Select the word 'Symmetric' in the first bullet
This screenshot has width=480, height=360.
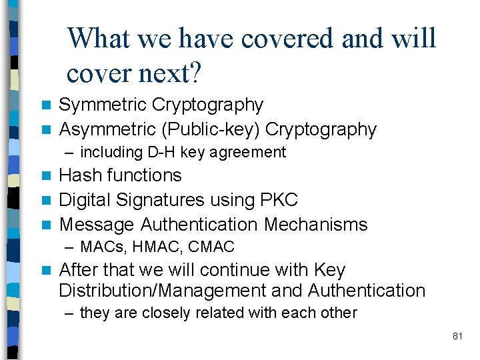[x=103, y=105]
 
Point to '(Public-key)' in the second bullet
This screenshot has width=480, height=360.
[x=206, y=129]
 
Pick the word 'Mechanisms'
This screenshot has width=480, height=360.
[x=316, y=225]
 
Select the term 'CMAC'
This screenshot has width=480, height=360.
[x=211, y=247]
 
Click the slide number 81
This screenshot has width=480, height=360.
[x=457, y=337]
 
